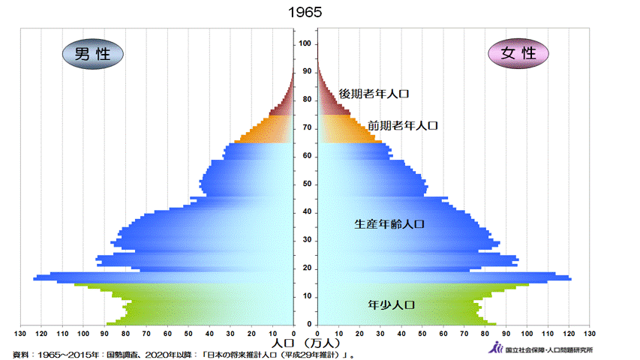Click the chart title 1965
pyautogui.click(x=305, y=13)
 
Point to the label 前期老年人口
pyautogui.click(x=402, y=126)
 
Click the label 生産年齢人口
pyautogui.click(x=390, y=223)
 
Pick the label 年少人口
pyautogui.click(x=392, y=305)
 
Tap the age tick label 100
pyautogui.click(x=305, y=43)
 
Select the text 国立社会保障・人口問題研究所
pyautogui.click(x=550, y=349)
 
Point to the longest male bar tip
pyautogui.click(x=34, y=279)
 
